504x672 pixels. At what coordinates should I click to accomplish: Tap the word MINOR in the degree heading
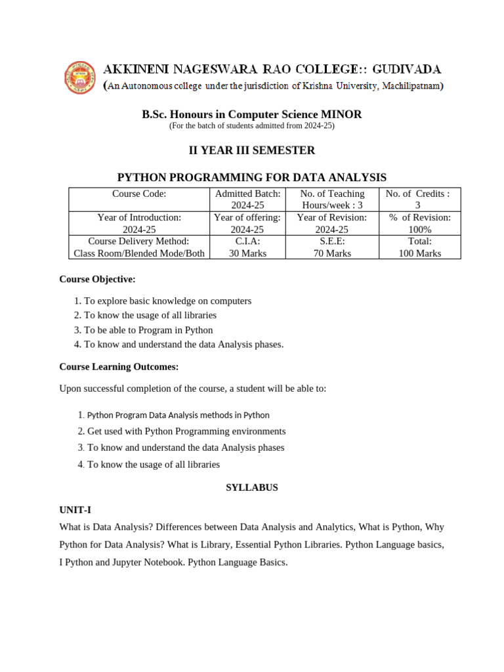click(x=341, y=114)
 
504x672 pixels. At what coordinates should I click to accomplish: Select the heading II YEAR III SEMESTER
click(x=252, y=150)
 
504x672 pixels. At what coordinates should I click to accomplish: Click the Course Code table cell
click(x=139, y=194)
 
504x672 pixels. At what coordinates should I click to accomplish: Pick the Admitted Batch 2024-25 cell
click(x=247, y=199)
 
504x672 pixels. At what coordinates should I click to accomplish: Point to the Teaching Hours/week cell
click(x=332, y=199)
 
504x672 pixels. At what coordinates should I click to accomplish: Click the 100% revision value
click(x=419, y=230)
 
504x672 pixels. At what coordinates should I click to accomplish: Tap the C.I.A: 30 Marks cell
click(x=247, y=247)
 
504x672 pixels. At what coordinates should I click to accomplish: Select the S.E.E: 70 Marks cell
click(x=332, y=247)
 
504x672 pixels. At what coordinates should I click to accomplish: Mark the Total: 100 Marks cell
click(x=419, y=247)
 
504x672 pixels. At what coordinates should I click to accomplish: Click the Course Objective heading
click(x=97, y=279)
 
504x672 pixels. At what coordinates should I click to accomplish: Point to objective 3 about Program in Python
click(x=148, y=330)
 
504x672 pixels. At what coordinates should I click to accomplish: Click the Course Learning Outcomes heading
click(x=119, y=366)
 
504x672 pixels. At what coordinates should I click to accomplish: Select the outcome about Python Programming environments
click(x=186, y=431)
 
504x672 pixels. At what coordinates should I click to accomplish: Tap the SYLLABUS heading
click(x=252, y=488)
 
